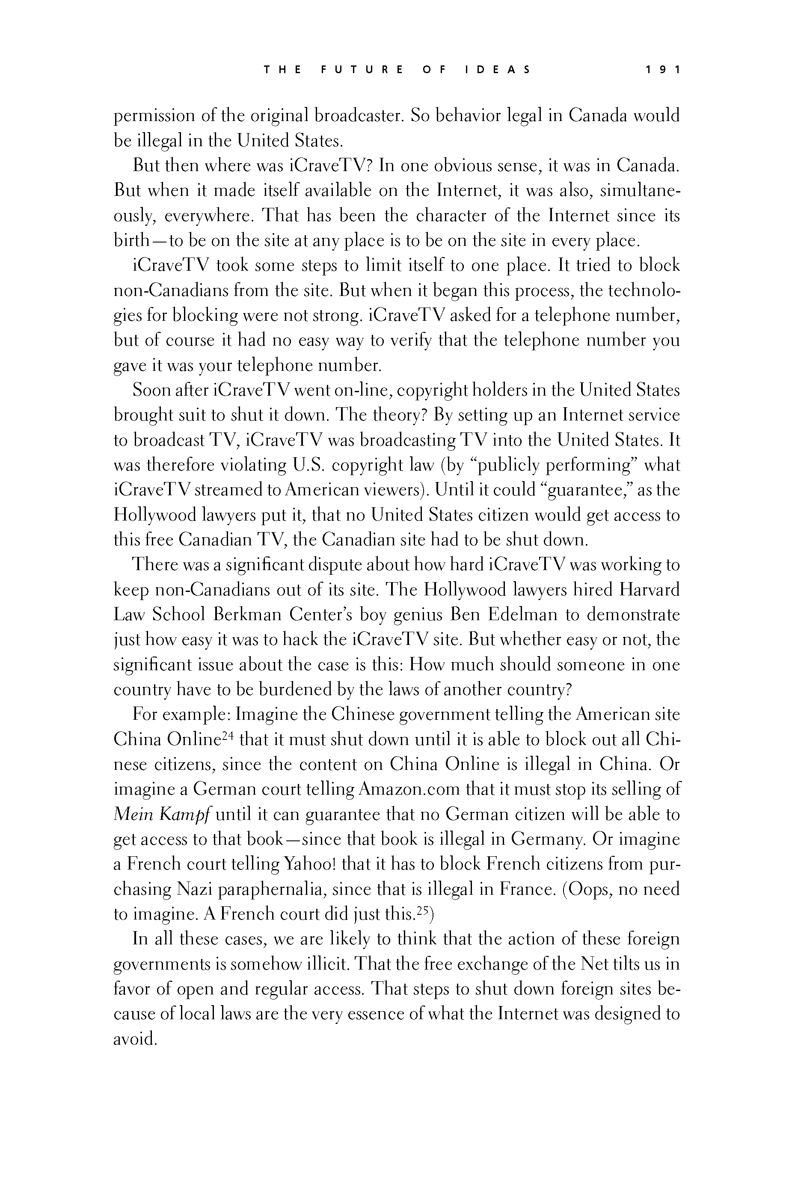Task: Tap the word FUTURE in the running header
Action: [x=362, y=70]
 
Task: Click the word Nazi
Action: [x=195, y=889]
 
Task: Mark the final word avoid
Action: [x=134, y=1040]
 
